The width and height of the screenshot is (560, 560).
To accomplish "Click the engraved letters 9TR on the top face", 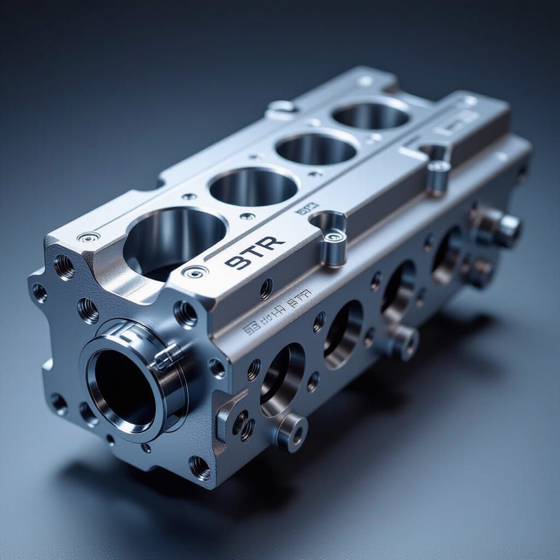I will click(x=254, y=253).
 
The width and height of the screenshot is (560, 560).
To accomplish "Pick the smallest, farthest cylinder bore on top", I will click(x=371, y=115).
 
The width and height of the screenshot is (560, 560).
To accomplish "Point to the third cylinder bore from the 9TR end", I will click(x=316, y=148).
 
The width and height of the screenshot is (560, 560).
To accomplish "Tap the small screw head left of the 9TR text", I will click(x=195, y=271).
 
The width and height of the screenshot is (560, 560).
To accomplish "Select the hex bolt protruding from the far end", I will click(x=506, y=229).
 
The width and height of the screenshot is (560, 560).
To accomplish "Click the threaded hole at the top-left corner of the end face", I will click(x=64, y=267).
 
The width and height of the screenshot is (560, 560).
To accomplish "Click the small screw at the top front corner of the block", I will click(x=89, y=237).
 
